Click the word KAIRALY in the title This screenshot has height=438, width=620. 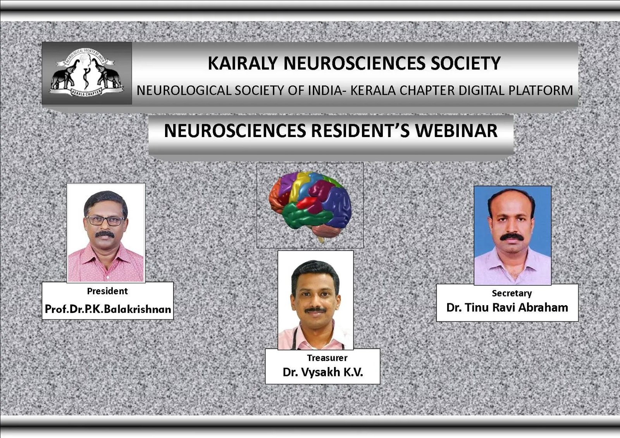(243, 64)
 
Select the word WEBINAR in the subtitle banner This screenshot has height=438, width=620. (456, 131)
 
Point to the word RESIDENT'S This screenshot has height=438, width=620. (360, 131)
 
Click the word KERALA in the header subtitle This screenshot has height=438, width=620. (373, 91)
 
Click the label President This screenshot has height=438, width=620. (107, 291)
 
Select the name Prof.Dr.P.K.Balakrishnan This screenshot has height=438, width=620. (108, 309)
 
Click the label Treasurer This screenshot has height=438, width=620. (327, 358)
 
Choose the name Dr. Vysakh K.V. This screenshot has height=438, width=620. (323, 373)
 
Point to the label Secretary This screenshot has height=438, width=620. (512, 294)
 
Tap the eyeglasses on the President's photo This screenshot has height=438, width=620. (105, 220)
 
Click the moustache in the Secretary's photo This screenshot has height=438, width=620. (512, 237)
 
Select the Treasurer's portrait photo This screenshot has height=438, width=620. (315, 300)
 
